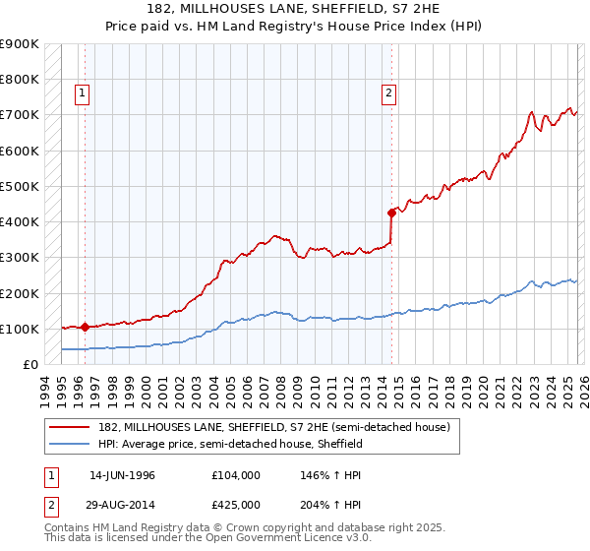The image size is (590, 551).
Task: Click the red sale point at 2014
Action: (x=391, y=212)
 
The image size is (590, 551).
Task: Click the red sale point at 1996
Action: (x=85, y=327)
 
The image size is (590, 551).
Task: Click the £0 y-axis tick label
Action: (x=29, y=364)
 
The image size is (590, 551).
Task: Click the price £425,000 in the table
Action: (x=236, y=505)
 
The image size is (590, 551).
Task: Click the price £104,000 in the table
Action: (x=236, y=475)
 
